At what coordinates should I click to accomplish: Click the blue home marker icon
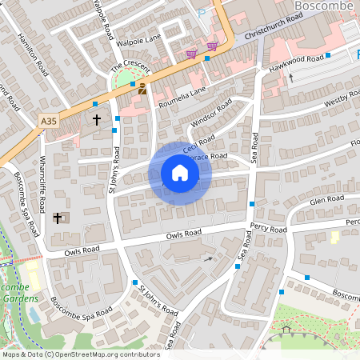coord(180,173)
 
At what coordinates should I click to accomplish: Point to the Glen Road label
coord(326,199)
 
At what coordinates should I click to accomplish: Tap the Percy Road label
coord(268,229)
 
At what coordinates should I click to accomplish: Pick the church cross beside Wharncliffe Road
coord(58,217)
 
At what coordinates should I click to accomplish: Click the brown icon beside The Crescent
coord(142,90)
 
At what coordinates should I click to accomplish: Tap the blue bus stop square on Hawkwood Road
coord(328,56)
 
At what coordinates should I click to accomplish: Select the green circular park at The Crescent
coord(126,81)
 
